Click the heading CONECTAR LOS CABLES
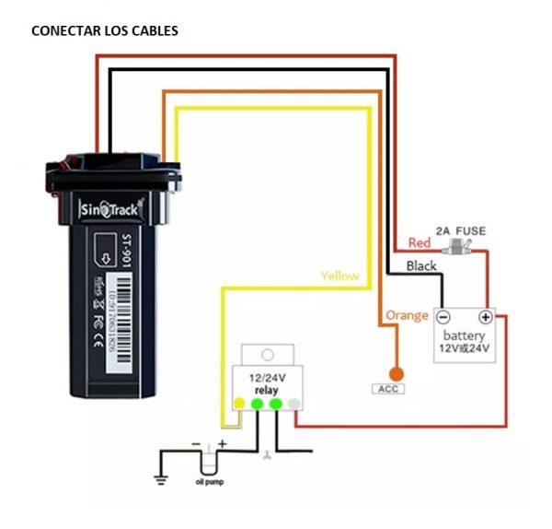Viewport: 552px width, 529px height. (x=105, y=31)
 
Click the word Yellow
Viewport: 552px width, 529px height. (x=339, y=276)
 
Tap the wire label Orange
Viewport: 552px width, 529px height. (x=407, y=315)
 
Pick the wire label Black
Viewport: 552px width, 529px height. (x=421, y=265)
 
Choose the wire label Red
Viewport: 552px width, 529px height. (x=419, y=243)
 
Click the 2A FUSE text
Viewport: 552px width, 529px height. (x=460, y=230)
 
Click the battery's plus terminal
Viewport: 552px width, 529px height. (x=486, y=316)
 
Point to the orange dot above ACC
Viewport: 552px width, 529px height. (x=397, y=373)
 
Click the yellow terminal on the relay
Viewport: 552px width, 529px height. (x=239, y=404)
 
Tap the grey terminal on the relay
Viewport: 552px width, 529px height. (x=293, y=404)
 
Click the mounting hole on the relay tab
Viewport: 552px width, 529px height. (x=267, y=354)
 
